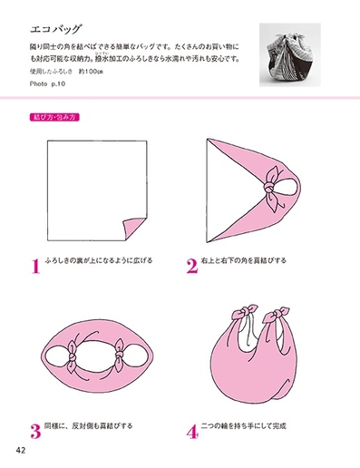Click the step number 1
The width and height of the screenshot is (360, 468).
(x=35, y=266)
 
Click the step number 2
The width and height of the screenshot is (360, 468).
(x=191, y=266)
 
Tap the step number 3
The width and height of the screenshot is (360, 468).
(x=35, y=431)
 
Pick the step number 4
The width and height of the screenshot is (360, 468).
(x=191, y=431)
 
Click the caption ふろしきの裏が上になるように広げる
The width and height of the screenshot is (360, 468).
(x=101, y=261)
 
